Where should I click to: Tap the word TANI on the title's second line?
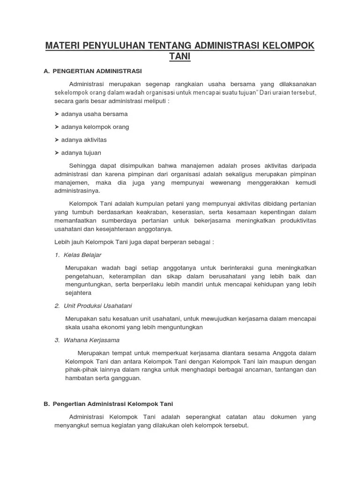(180, 57)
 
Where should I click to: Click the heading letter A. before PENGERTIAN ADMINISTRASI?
(46, 71)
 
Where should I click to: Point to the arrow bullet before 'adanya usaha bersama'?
(56, 114)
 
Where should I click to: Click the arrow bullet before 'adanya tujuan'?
(56, 153)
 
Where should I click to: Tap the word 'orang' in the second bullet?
(120, 127)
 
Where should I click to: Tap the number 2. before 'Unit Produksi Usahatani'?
(57, 306)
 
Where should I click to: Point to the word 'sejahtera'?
(78, 292)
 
